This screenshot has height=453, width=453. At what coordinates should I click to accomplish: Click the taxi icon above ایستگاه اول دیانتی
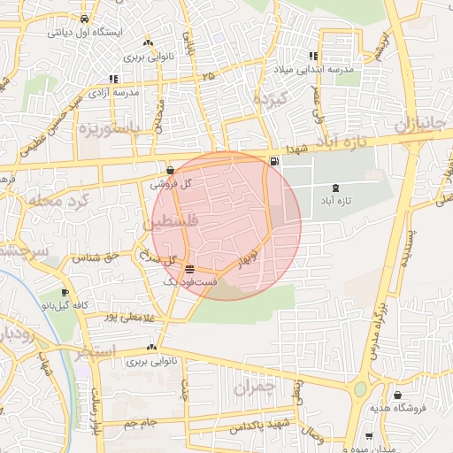[x=83, y=19]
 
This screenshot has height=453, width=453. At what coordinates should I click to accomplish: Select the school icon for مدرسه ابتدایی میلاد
[x=313, y=54]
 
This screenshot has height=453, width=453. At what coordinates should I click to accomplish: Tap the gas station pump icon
[x=273, y=160]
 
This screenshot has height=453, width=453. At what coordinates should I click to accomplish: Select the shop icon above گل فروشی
[x=171, y=170]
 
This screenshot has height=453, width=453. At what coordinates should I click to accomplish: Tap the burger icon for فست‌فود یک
[x=190, y=268]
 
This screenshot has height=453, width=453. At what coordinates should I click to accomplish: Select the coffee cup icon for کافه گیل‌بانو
[x=65, y=293]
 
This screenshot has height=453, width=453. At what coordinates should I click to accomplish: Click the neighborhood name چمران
[x=257, y=386]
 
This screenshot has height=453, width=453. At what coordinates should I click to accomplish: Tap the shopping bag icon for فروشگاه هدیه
[x=397, y=395]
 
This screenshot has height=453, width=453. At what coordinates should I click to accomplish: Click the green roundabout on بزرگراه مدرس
[x=360, y=389]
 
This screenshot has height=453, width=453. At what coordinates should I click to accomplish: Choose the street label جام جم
[x=141, y=423]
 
